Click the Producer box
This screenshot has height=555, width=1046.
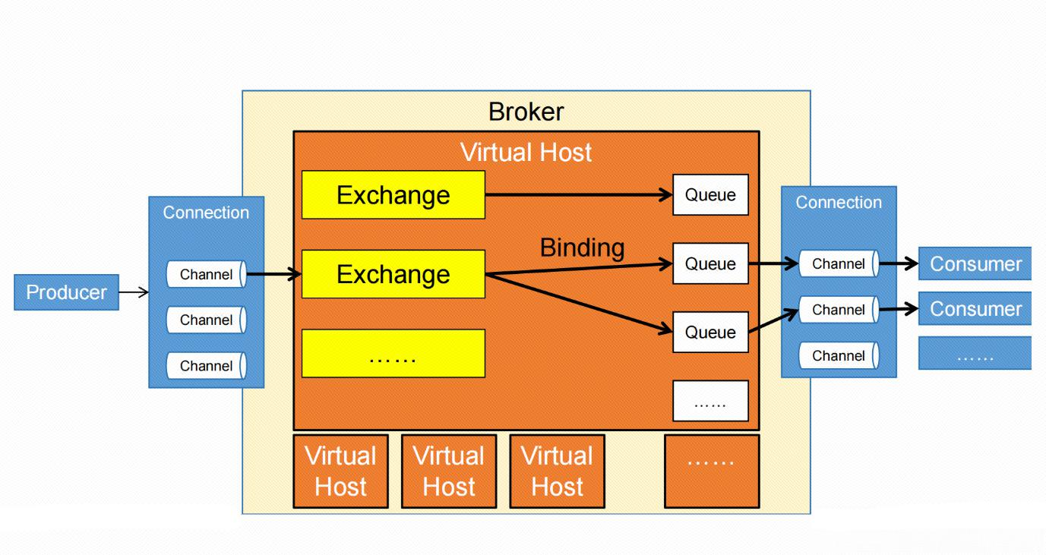point(66,292)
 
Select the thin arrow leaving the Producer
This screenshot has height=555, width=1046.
point(134,292)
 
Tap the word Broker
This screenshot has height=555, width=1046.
point(526,112)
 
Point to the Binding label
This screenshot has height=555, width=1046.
point(582,248)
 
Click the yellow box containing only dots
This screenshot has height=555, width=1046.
point(393,353)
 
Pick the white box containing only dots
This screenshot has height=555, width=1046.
point(710,401)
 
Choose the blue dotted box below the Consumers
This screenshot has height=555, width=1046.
point(975,354)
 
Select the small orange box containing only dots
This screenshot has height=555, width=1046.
point(711,471)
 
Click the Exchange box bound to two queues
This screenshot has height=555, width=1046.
point(393,274)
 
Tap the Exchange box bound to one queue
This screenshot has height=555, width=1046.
point(393,195)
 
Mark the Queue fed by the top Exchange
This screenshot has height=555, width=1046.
point(710,195)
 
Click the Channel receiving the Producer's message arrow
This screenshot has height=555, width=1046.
point(206,275)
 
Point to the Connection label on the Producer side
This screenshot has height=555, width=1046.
point(206,213)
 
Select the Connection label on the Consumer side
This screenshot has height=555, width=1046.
point(839,203)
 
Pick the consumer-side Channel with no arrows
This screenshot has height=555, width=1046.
point(839,355)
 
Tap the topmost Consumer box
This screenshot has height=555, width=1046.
point(975,264)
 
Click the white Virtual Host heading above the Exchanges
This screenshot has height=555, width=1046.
point(526,153)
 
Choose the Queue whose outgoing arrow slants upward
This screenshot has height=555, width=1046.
point(710,333)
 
